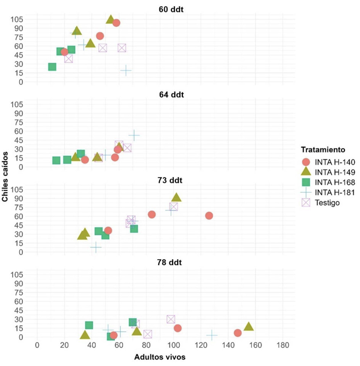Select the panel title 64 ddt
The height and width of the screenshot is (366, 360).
click(171, 94)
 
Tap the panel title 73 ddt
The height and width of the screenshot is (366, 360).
click(171, 180)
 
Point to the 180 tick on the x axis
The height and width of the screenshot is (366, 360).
click(283, 346)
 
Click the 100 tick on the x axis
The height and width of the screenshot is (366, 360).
click(174, 346)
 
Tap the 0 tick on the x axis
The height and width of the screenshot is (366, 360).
click(37, 346)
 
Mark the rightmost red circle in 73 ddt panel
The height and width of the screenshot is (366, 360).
click(209, 216)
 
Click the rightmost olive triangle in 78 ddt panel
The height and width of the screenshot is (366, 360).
click(249, 327)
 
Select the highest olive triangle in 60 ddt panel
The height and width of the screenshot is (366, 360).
click(111, 19)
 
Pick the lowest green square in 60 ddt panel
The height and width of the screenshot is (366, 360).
click(52, 67)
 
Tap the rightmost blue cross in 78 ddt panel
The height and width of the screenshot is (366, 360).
click(212, 335)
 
